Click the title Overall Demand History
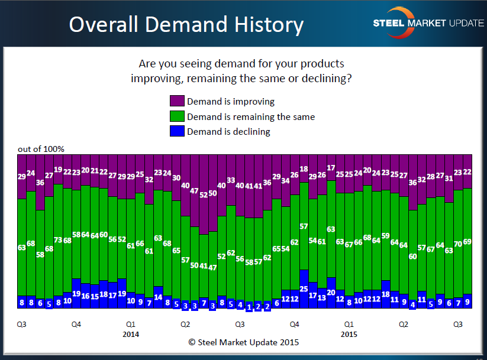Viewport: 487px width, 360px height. pos(186,25)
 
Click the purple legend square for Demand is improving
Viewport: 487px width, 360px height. pos(177,102)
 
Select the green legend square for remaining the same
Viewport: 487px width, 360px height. pos(177,116)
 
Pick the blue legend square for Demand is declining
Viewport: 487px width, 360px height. pos(177,131)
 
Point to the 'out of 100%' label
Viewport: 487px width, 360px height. pos(41,149)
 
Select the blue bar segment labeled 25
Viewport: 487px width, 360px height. pos(304,288)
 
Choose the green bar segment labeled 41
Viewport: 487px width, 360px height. pos(204,266)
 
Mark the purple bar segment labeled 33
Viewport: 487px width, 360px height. pos(231,180)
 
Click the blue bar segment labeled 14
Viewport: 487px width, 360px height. pos(158,297)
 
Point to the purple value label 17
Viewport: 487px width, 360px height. pos(331,168)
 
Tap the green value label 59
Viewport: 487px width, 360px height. pos(386,236)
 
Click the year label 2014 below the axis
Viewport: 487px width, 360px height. pos(131,334)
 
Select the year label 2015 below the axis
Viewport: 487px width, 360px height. pos(349,334)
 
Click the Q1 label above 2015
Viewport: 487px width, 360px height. pos(349,325)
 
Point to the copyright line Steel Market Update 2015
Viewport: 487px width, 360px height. pos(243,342)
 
